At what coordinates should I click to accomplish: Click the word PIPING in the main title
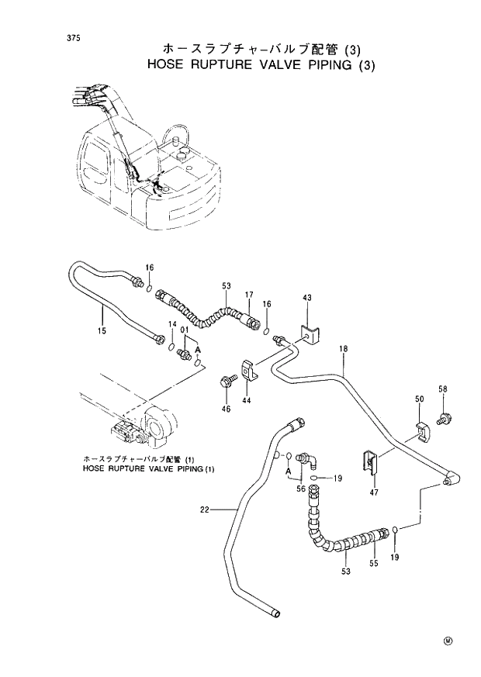tap(313, 65)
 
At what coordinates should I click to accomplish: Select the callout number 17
tap(250, 295)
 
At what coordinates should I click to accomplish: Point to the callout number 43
tap(306, 299)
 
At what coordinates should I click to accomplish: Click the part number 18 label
tap(342, 350)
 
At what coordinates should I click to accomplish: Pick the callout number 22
tap(204, 509)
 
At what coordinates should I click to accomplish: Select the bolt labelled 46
tap(227, 382)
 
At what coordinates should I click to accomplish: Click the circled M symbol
tap(448, 640)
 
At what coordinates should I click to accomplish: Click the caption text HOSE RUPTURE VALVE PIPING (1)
tap(147, 469)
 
